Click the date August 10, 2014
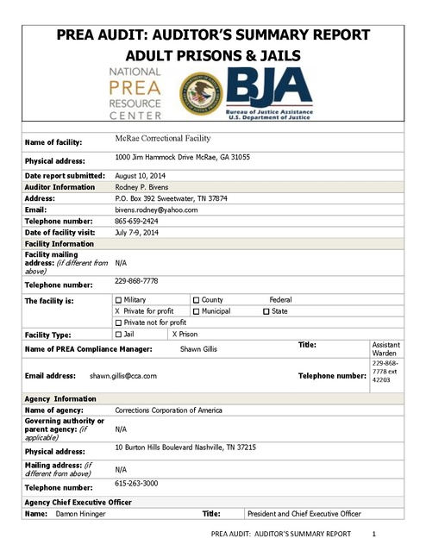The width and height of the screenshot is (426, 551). [x=141, y=174]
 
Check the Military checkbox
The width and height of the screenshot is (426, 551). [x=118, y=299]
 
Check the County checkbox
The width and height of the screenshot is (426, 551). [x=196, y=299]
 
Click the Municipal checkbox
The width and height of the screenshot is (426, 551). [x=196, y=310]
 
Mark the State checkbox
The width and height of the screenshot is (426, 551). [x=266, y=310]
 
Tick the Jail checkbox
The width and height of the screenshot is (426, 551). [x=118, y=333]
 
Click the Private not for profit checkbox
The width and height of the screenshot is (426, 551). [x=118, y=322]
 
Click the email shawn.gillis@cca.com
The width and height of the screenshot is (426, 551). [x=122, y=376]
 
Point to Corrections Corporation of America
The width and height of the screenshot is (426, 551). [x=168, y=410]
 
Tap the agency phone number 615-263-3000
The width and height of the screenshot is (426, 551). [x=137, y=484]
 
